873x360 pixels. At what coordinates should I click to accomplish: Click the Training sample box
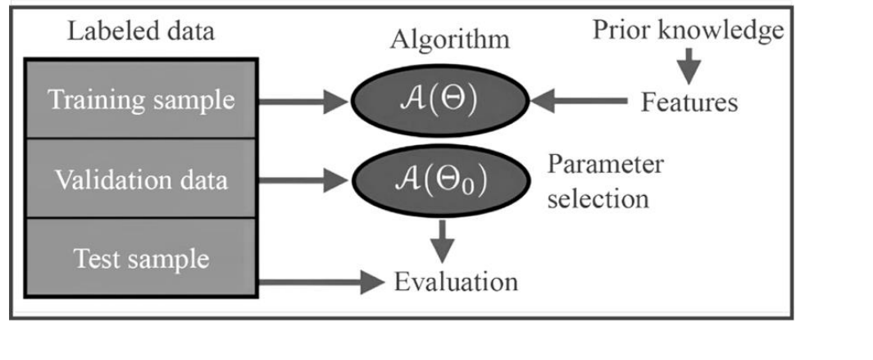pyautogui.click(x=140, y=101)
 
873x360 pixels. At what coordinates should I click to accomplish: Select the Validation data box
pyautogui.click(x=140, y=179)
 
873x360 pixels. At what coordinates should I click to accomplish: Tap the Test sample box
pyautogui.click(x=140, y=258)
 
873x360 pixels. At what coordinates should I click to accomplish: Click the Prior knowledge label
pyautogui.click(x=688, y=31)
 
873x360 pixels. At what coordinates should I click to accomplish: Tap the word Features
pyautogui.click(x=689, y=103)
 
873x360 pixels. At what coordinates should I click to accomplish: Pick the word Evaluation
pyautogui.click(x=456, y=281)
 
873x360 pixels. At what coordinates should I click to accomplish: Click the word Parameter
pyautogui.click(x=606, y=163)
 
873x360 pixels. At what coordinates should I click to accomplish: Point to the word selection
pyautogui.click(x=598, y=199)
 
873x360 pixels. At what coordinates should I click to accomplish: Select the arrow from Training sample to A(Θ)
pyautogui.click(x=303, y=102)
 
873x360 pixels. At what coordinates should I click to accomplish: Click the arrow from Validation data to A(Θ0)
pyautogui.click(x=303, y=180)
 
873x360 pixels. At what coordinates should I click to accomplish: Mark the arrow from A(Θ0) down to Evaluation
pyautogui.click(x=443, y=237)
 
